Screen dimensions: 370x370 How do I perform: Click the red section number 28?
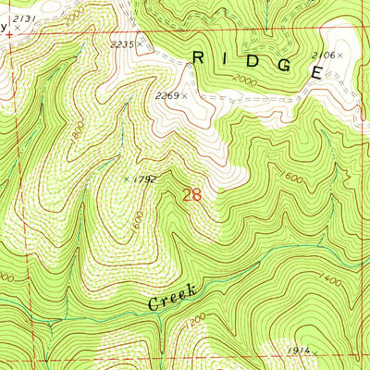pyautogui.click(x=191, y=195)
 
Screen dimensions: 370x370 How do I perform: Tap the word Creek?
pyautogui.click(x=172, y=298)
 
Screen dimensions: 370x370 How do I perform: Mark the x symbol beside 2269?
pyautogui.click(x=184, y=94)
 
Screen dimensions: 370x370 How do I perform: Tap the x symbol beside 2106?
pyautogui.click(x=340, y=56)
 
